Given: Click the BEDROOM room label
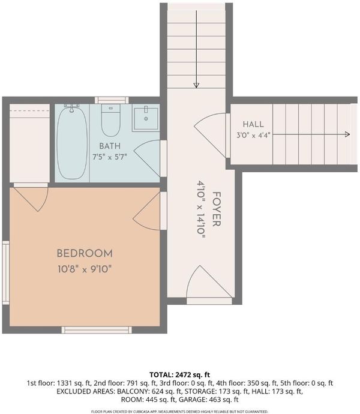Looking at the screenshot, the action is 85,253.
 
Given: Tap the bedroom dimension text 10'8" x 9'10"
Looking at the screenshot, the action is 85,269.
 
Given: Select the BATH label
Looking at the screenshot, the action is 110,146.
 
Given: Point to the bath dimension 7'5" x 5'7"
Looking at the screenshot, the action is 110,157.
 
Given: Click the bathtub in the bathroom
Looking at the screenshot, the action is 72,143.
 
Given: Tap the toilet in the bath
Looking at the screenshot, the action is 111,120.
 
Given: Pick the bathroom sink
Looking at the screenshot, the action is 146,118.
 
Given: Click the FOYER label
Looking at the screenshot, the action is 217,209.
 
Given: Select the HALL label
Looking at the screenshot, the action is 253,124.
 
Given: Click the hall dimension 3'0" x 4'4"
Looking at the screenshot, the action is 253,136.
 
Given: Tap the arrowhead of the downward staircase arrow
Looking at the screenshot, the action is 196,85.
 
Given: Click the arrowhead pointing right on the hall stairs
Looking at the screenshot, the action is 347,134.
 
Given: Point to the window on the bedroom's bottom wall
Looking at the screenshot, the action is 97,330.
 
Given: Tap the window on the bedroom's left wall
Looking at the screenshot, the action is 6,272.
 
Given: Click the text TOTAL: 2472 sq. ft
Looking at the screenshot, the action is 179,374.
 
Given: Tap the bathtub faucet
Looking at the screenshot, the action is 71,108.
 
